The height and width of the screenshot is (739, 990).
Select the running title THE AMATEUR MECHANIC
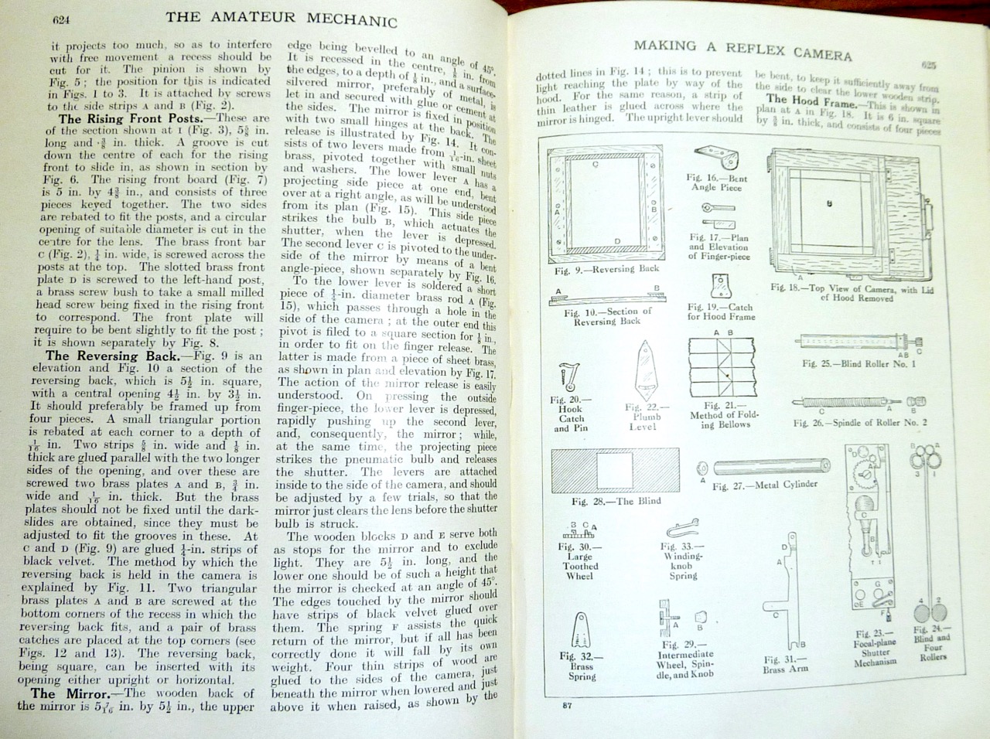tap(282, 18)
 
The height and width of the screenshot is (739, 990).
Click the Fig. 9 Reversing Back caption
tap(607, 269)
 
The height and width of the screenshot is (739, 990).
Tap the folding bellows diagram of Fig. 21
tap(723, 369)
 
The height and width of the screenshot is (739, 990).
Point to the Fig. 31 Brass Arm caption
tap(785, 664)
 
